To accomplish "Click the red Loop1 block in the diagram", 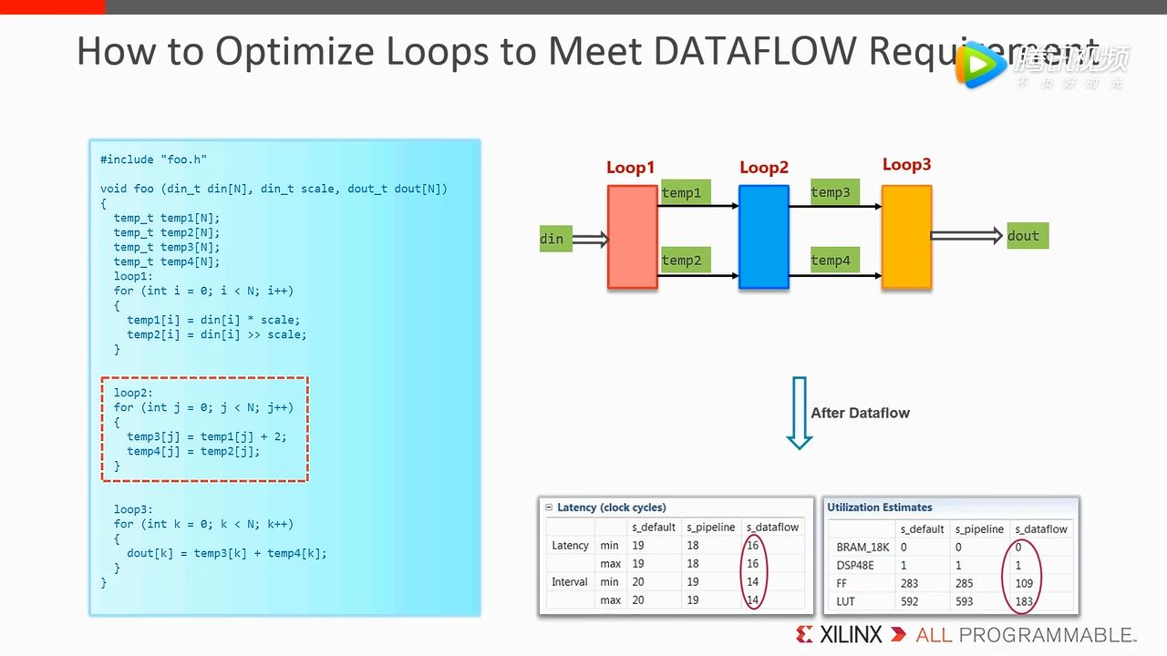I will [x=633, y=237].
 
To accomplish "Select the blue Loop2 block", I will [x=763, y=237].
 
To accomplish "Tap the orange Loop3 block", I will [x=906, y=237].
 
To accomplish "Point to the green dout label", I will [x=1028, y=236].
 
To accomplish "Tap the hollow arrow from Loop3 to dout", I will [x=966, y=236].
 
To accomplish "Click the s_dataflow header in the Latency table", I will [x=772, y=528].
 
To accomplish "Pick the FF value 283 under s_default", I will [x=910, y=583].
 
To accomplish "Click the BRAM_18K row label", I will [x=862, y=548].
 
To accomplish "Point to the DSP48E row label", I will [x=855, y=566].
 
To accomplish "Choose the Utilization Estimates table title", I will [x=880, y=507].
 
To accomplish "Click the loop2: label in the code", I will [x=133, y=393].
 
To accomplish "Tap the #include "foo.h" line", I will [x=153, y=159].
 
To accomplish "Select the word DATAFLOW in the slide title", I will [x=754, y=52].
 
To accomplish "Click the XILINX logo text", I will [x=851, y=635].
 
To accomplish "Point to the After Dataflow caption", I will [x=860, y=413].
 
